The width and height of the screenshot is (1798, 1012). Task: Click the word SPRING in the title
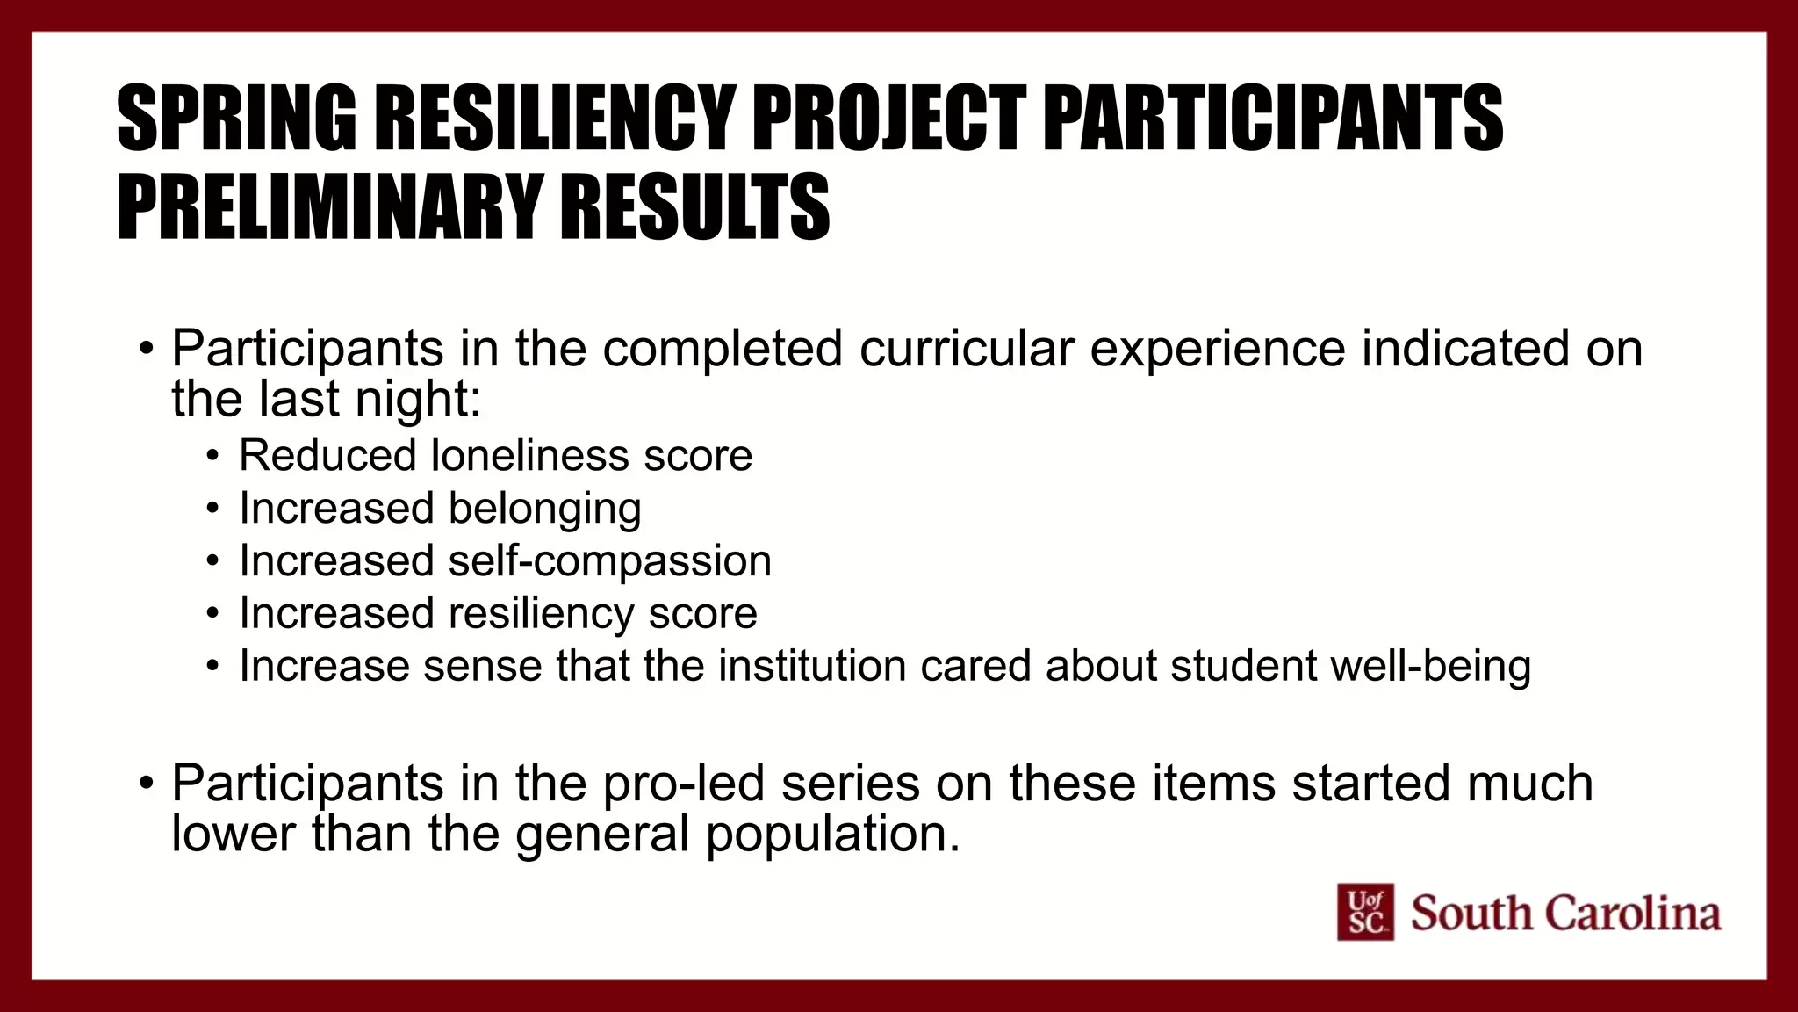(236, 118)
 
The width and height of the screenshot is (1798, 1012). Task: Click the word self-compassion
(610, 561)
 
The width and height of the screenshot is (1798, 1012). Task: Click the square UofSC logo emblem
(1364, 912)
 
